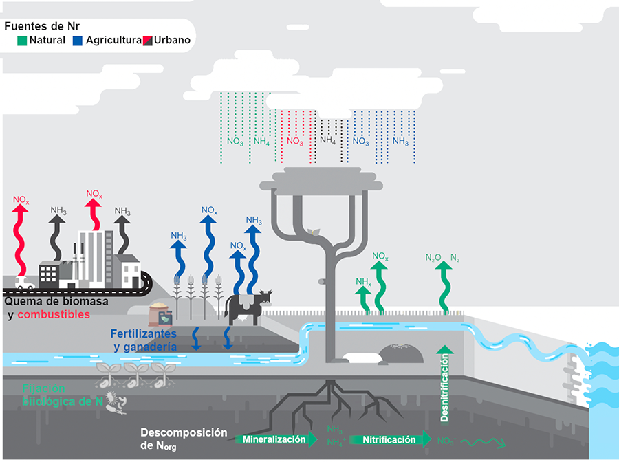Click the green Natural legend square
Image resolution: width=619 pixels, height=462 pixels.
(x=22, y=41)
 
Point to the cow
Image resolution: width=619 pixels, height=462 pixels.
(x=248, y=306)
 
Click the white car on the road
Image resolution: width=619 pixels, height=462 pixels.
(x=23, y=282)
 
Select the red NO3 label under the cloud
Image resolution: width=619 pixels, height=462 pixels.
(x=294, y=142)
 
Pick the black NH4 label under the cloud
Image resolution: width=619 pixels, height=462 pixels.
(x=327, y=140)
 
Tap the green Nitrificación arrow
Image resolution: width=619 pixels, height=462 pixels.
(x=389, y=439)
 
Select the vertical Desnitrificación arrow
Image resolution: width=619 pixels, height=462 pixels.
(x=445, y=385)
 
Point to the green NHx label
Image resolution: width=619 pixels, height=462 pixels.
(x=363, y=282)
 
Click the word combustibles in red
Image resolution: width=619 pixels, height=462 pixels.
(x=54, y=314)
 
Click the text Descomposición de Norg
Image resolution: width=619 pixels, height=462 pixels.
(x=184, y=439)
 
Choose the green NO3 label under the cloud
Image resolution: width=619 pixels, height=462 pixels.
(x=235, y=142)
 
